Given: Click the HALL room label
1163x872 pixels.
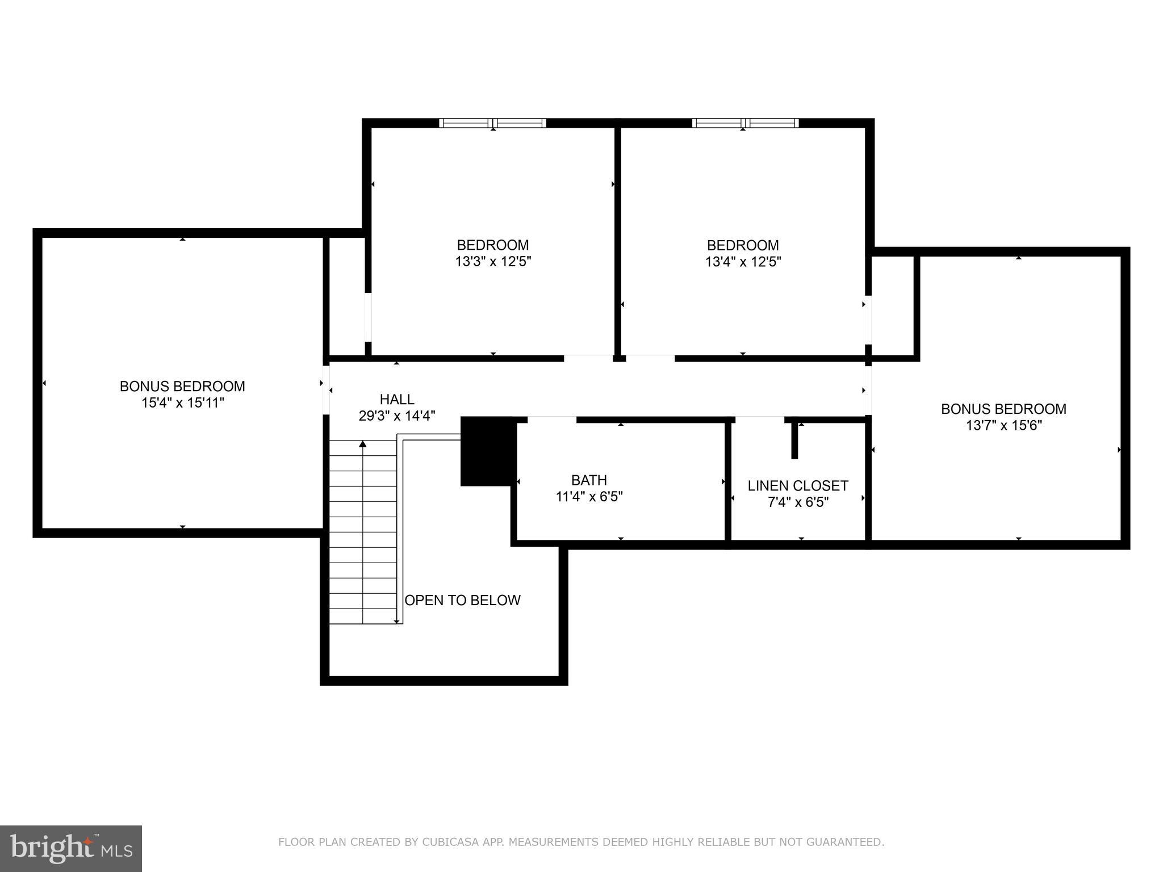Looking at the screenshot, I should [396, 399].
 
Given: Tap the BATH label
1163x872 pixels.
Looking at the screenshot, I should [589, 480].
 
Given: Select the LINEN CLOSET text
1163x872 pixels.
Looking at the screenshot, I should [797, 485].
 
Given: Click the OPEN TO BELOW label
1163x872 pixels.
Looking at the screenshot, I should [462, 600].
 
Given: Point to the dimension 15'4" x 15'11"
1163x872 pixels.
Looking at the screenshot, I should [183, 403].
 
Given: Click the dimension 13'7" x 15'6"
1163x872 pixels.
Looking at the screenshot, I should [1003, 425].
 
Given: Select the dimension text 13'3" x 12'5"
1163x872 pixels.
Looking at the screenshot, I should [492, 262].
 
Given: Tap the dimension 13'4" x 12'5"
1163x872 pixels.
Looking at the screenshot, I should [743, 262].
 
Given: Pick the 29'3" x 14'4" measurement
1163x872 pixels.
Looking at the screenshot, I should [396, 416].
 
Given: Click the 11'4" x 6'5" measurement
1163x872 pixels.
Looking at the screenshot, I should [589, 497].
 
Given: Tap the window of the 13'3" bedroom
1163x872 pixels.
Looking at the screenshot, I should [492, 123].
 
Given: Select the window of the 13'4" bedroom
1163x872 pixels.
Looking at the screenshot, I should [744, 123].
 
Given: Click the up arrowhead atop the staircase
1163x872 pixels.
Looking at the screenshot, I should [362, 443].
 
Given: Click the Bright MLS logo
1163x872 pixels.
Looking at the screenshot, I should [70, 848].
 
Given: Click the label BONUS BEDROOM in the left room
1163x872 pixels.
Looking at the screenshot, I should [182, 386].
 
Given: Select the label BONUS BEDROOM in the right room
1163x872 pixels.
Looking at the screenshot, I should [1003, 409].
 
